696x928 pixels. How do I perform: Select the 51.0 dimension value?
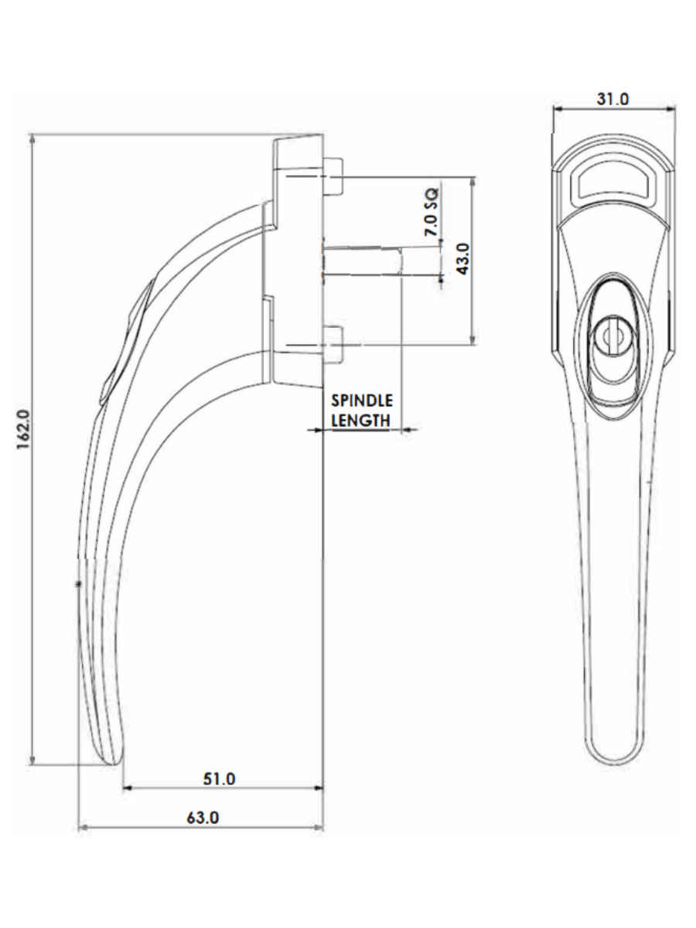click(220, 778)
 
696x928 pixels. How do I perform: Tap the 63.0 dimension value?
click(203, 817)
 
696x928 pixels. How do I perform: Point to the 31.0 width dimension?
click(613, 100)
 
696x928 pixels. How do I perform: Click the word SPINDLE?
click(361, 401)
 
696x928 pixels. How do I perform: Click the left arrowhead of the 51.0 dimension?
click(128, 788)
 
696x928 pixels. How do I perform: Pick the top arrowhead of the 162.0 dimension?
click(32, 138)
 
